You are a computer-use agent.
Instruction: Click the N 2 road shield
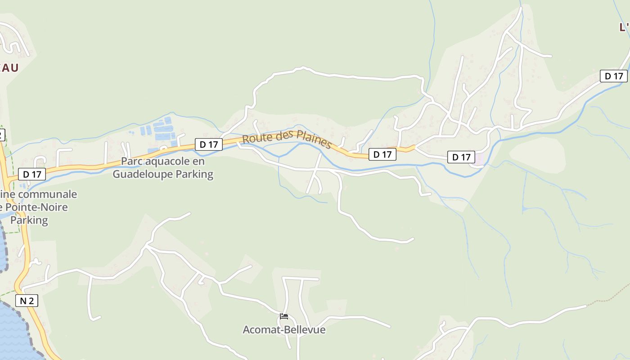pyautogui.click(x=27, y=301)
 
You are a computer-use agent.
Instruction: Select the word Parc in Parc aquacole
pyautogui.click(x=131, y=161)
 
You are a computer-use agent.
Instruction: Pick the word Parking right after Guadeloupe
pyautogui.click(x=194, y=174)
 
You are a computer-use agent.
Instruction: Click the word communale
pyautogui.click(x=50, y=194)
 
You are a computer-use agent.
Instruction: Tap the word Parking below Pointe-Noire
pyautogui.click(x=29, y=220)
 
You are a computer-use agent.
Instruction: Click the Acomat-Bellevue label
pyautogui.click(x=284, y=330)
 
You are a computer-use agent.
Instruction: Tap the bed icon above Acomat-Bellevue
pyautogui.click(x=284, y=316)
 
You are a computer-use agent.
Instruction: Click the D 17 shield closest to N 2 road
pyautogui.click(x=32, y=174)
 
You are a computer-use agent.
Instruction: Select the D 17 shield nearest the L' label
pyautogui.click(x=613, y=76)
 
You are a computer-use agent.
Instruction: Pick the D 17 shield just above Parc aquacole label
pyautogui.click(x=209, y=144)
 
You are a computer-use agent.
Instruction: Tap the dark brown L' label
pyautogui.click(x=624, y=27)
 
